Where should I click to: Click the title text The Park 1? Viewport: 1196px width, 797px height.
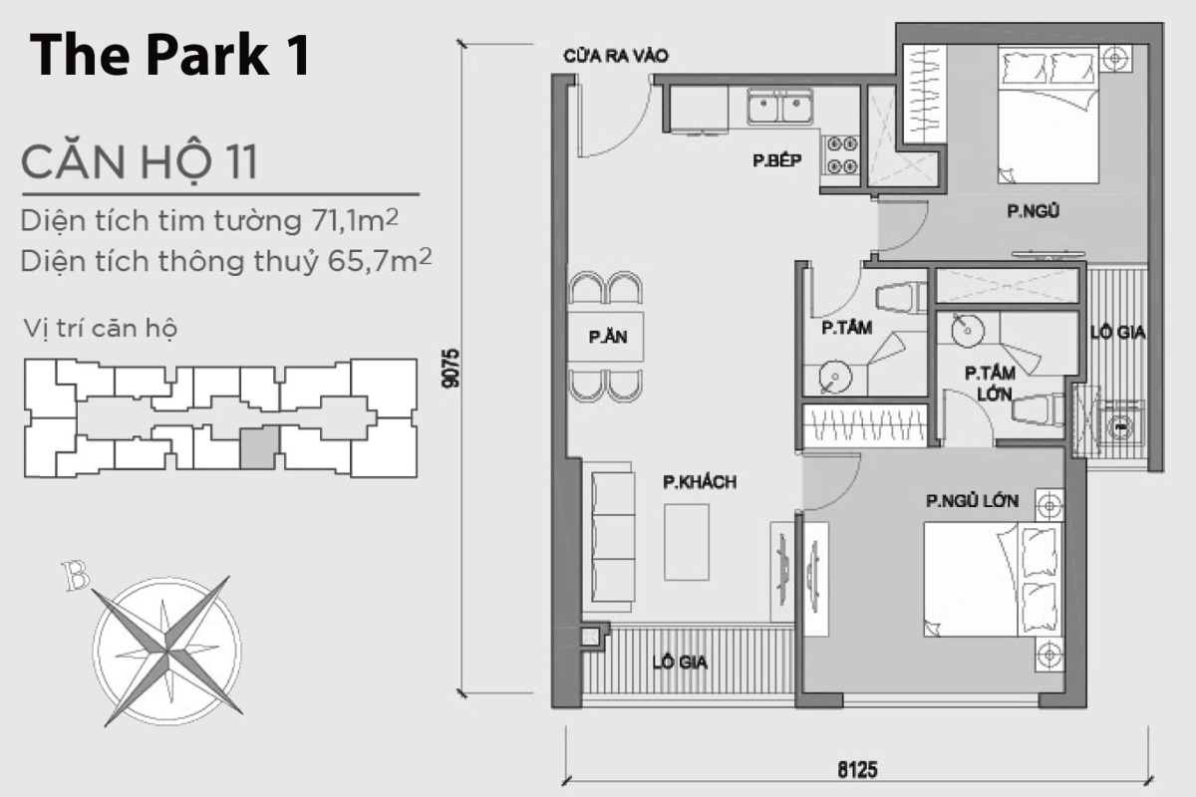[x=169, y=57]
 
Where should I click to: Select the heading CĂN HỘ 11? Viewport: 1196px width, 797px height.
[x=140, y=161]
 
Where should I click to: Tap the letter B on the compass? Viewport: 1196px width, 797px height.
[x=74, y=576]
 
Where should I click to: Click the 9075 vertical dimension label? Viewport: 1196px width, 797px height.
[x=451, y=368]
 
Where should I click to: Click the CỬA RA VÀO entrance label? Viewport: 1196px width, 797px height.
[x=615, y=57]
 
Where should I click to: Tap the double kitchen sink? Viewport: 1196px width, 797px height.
[x=780, y=108]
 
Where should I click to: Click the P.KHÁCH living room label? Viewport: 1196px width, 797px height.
[x=700, y=482]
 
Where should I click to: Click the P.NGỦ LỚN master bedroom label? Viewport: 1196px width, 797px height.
[x=972, y=502]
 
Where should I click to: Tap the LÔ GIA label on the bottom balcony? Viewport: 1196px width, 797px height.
[x=680, y=662]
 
